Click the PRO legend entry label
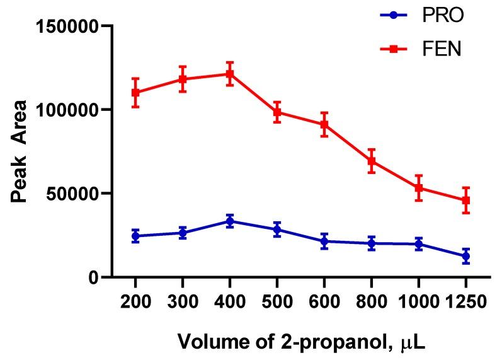443,15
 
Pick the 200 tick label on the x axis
135,302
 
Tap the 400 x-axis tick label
230,302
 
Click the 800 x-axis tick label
372,302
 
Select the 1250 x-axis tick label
466,302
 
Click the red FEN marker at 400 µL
230,74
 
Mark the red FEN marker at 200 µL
135,92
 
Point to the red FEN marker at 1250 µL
466,200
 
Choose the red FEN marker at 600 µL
324,124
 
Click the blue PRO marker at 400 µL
230,221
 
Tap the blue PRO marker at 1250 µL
466,256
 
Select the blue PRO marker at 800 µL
372,243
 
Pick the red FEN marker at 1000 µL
419,188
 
